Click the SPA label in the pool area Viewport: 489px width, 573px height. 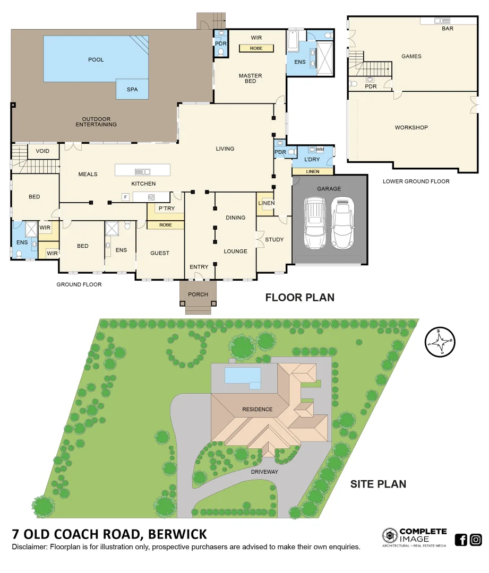click(132, 89)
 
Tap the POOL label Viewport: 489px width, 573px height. click(96, 59)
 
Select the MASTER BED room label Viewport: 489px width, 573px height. click(250, 78)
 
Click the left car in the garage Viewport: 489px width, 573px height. click(314, 222)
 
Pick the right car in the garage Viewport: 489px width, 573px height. click(342, 222)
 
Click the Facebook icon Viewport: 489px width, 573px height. click(461, 540)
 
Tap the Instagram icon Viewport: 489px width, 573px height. click(476, 540)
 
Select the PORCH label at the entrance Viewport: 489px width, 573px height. click(198, 294)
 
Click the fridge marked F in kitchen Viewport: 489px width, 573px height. click(125, 197)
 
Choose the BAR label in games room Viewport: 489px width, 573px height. click(448, 29)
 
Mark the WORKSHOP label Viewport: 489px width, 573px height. click(411, 127)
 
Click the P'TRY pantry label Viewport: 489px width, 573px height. click(166, 209)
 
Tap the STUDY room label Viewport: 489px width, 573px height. click(274, 239)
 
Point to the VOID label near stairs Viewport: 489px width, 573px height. click(42, 151)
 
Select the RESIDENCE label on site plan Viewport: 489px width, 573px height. click(257, 409)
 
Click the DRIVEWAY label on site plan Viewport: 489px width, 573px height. click(265, 471)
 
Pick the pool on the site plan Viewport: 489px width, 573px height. click(243, 375)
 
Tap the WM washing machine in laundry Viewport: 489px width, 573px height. click(320, 150)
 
